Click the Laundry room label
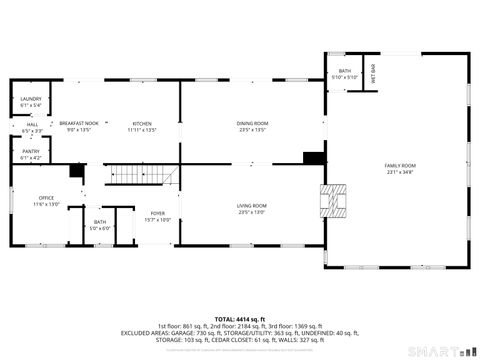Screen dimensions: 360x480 [30, 99]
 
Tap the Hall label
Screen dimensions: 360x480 [31, 125]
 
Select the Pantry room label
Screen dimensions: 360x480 [31, 152]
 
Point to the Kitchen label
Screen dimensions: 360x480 [142, 123]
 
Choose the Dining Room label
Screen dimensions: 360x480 [252, 123]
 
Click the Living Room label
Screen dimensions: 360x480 [252, 205]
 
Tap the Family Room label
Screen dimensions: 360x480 [400, 165]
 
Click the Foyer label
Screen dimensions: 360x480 [158, 213]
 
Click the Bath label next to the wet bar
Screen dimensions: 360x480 [345, 71]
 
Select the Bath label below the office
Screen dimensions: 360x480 [100, 222]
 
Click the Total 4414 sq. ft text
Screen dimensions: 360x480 [239, 317]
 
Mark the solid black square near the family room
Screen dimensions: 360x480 [314, 157]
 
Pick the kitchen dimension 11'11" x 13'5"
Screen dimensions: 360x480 [142, 129]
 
